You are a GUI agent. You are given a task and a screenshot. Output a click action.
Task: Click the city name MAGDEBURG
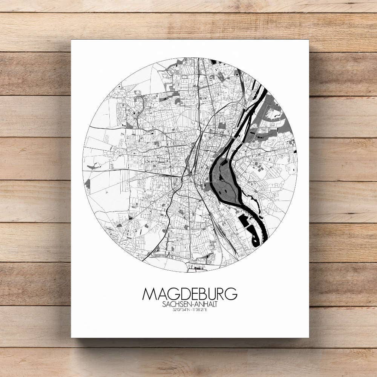pos(190,294)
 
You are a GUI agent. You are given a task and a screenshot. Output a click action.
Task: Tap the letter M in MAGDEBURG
pos(149,294)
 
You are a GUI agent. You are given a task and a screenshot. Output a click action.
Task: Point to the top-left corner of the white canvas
pos(71,40)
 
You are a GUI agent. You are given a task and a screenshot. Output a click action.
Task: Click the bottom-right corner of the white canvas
pos(309,337)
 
